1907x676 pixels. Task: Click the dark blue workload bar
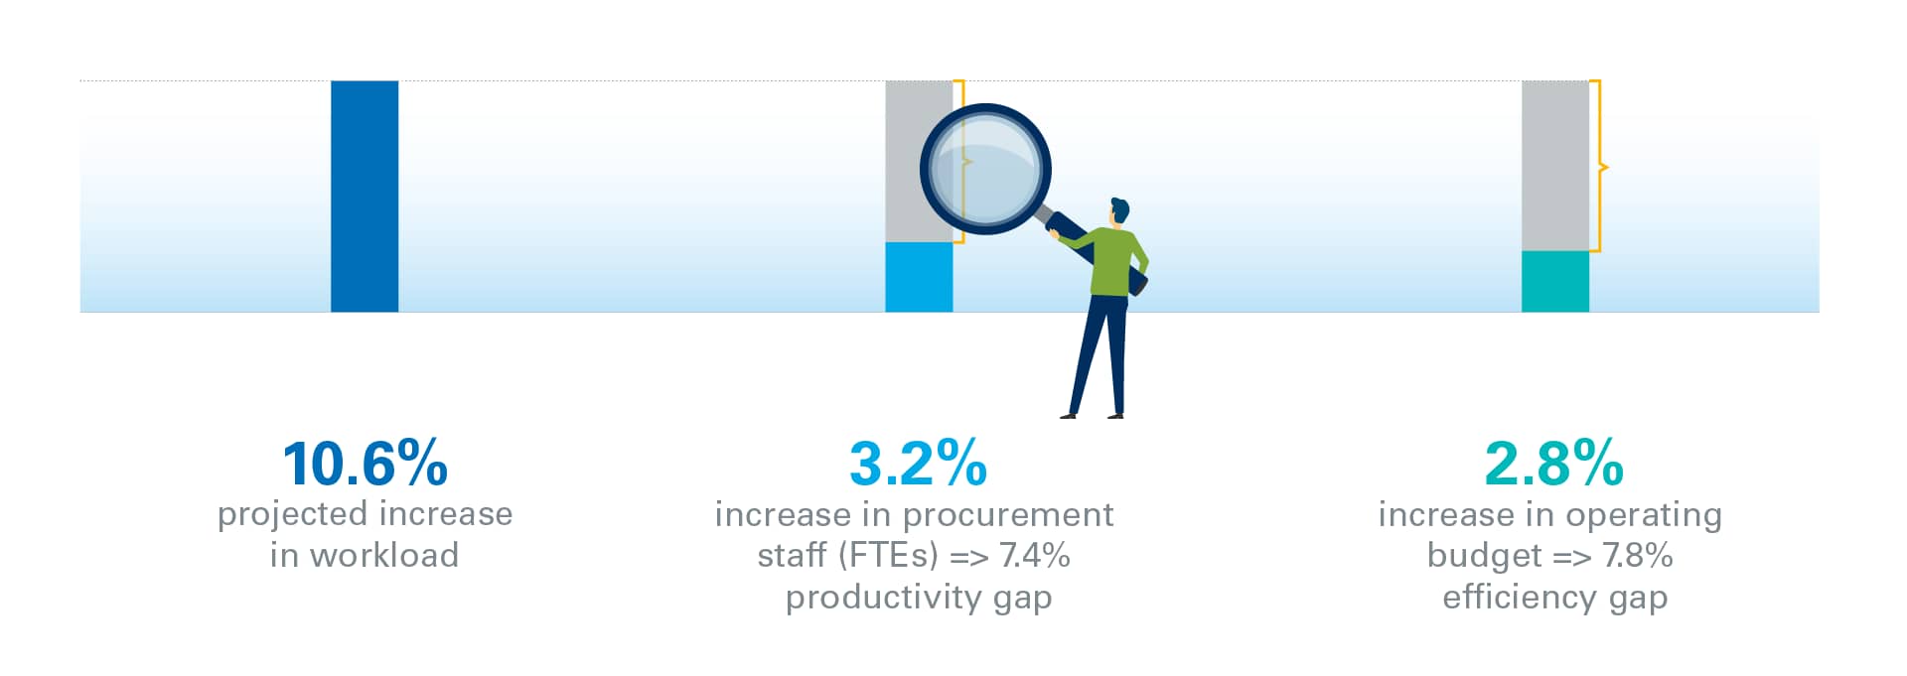coord(365,197)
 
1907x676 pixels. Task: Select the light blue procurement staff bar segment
coord(919,278)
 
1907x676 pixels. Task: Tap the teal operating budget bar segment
coord(1555,282)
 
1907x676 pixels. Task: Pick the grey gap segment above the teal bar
coord(1555,166)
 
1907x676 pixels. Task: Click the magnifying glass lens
coord(985,169)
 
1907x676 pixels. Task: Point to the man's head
coord(1119,211)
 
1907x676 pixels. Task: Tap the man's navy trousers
coord(1100,353)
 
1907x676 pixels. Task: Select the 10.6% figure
coord(366,464)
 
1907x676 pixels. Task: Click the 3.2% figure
coord(919,464)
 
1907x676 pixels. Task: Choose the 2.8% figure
coord(1554,464)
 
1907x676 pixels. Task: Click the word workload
coord(384,555)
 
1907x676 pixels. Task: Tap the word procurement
coord(1008,515)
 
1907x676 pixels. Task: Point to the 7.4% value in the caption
coord(1035,555)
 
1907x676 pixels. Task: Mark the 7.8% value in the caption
coord(1638,555)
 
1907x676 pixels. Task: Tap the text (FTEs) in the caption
coord(889,555)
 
